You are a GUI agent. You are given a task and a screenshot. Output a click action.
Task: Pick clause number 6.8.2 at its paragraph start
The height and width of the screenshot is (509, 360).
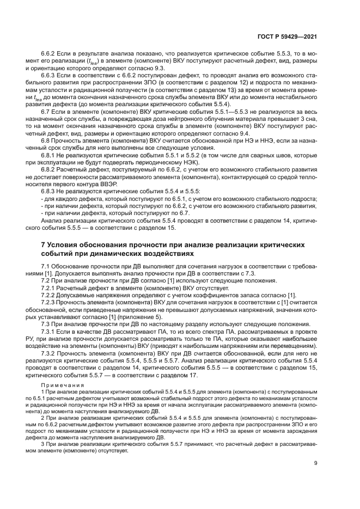tap(50, 169)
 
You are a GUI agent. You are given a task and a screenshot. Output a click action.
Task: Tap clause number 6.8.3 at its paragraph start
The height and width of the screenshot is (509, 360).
tap(50, 191)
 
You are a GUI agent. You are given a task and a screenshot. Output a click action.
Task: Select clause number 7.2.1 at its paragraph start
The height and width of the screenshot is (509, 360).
tap(50, 287)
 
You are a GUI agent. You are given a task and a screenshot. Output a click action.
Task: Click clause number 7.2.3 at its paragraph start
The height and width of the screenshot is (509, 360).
tap(50, 302)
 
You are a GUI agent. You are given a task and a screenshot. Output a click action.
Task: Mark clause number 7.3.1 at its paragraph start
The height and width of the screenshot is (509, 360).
tap(50, 331)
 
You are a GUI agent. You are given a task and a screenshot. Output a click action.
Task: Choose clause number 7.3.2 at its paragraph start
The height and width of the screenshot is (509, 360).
tap(50, 353)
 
